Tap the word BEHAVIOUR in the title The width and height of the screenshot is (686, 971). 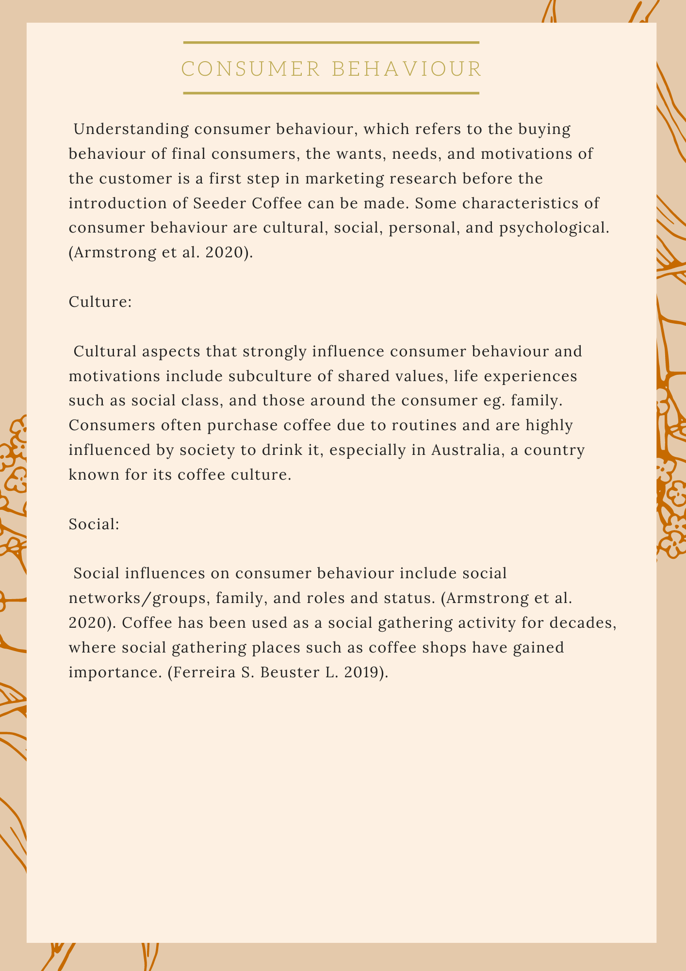[x=407, y=69]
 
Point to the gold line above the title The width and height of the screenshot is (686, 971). [x=331, y=43]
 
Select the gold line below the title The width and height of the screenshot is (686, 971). [x=331, y=93]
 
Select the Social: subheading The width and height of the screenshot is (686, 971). [x=94, y=524]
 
